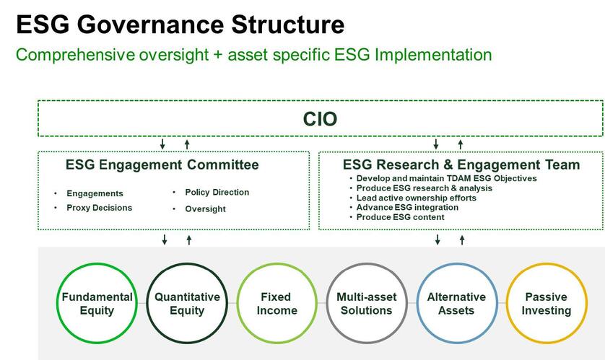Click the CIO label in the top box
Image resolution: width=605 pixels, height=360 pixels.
coord(320,119)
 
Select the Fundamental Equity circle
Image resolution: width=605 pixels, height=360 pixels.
coord(97,304)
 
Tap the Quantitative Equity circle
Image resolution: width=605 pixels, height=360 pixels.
coord(187,304)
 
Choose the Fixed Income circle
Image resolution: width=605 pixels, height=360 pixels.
coord(277,304)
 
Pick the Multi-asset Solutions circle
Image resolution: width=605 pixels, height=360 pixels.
coord(366,304)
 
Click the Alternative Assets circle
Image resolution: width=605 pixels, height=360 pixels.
coord(456,304)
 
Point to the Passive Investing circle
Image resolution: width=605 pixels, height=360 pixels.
coord(547,304)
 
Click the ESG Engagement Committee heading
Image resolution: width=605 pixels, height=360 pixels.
coord(162,165)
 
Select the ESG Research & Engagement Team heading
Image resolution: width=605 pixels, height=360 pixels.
coord(461,165)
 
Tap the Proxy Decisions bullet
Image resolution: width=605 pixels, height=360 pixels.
coord(99,208)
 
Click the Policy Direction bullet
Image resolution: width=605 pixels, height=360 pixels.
coord(217,193)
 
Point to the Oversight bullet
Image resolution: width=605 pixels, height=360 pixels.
coord(205,209)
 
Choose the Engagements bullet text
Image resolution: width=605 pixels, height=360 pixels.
coord(95,193)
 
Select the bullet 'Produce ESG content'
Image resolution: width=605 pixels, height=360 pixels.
coord(400,217)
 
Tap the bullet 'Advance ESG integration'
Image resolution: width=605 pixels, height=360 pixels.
coord(407,208)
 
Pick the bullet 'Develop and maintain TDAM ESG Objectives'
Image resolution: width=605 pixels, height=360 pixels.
coord(446,178)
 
